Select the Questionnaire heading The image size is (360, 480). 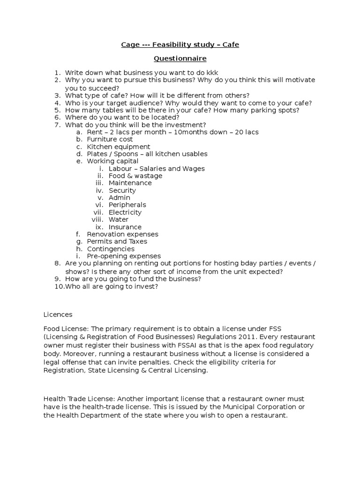[180, 59]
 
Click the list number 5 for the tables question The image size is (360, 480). [57, 110]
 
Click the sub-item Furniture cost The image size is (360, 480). [110, 139]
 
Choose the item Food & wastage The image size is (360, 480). [135, 176]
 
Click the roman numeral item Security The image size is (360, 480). [122, 190]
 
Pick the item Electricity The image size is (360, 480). [125, 212]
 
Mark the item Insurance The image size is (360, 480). [125, 227]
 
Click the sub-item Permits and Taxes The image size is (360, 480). [117, 241]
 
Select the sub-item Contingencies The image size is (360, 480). [111, 249]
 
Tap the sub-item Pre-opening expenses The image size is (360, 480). [124, 256]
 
